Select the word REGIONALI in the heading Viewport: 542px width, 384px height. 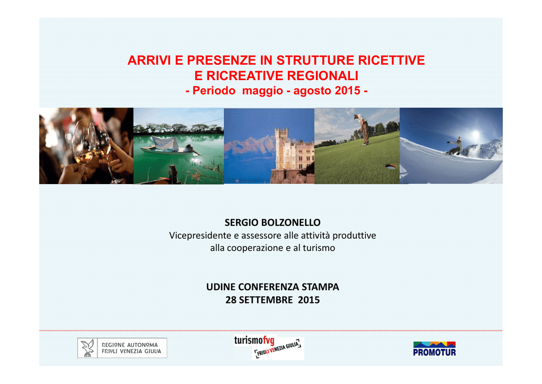(x=322, y=75)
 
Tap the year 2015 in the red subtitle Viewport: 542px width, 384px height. (x=347, y=90)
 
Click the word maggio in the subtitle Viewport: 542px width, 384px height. (x=263, y=91)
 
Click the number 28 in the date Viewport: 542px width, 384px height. (x=231, y=300)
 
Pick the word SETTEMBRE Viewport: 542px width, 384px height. (x=266, y=300)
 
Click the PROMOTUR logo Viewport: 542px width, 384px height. (x=434, y=348)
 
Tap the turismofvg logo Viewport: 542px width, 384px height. (x=268, y=347)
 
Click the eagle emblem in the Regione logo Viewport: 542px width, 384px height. (x=87, y=347)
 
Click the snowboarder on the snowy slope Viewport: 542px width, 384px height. (x=454, y=146)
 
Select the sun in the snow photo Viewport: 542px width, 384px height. (x=476, y=134)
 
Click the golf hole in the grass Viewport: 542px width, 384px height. (x=391, y=167)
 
